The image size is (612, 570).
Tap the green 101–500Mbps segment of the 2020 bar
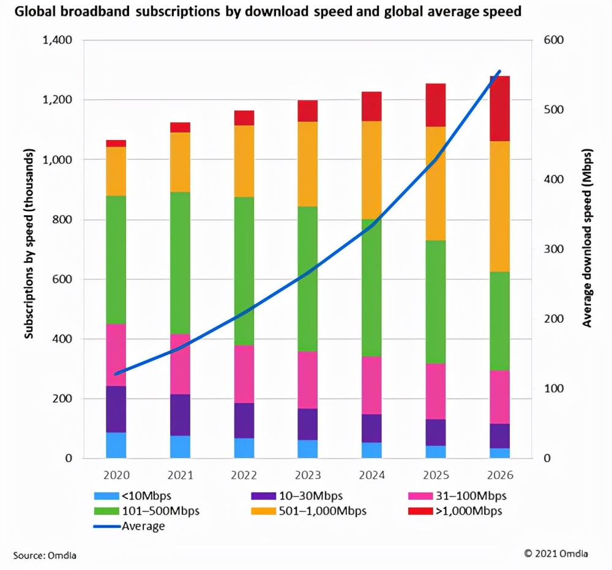(116, 260)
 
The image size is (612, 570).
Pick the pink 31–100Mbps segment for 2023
(308, 380)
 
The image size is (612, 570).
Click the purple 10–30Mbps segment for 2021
(180, 415)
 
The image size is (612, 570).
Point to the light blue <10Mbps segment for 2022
(244, 448)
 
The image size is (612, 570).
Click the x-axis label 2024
(371, 475)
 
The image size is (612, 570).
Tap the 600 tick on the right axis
(553, 40)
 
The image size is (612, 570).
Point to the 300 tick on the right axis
(553, 250)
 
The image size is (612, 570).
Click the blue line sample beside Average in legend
(106, 526)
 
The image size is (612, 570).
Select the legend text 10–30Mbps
(310, 495)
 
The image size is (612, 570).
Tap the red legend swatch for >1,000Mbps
(420, 511)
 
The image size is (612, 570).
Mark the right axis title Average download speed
(587, 237)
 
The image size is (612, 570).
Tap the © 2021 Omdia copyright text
(556, 553)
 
